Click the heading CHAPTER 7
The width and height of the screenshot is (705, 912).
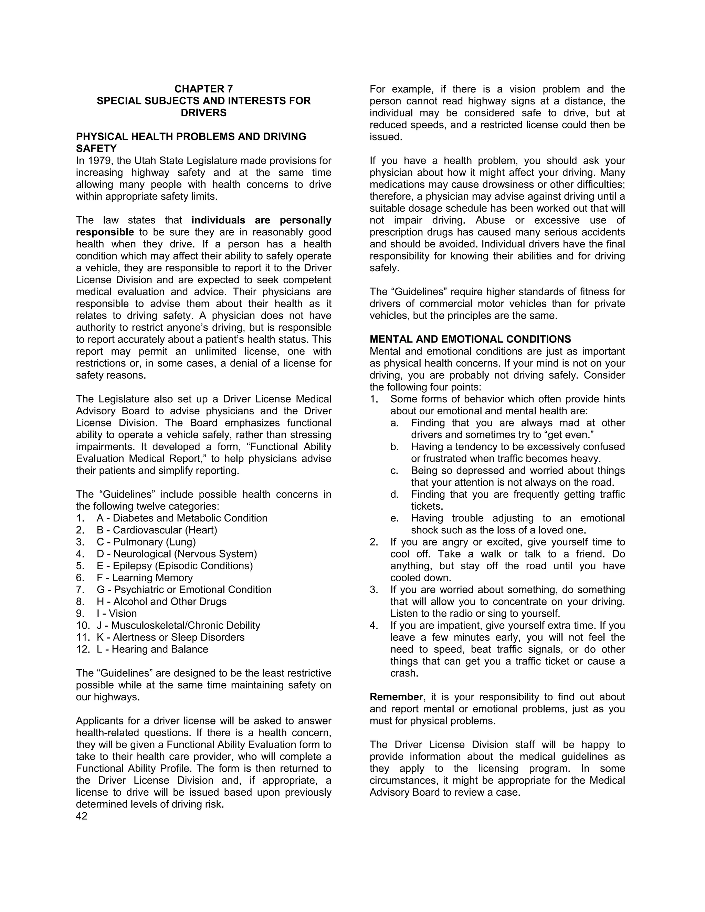pyautogui.click(x=203, y=89)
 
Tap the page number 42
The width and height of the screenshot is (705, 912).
pyautogui.click(x=82, y=816)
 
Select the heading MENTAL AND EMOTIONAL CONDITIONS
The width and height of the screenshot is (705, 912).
pyautogui.click(x=470, y=339)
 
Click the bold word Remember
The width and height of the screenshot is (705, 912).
pyautogui.click(x=396, y=697)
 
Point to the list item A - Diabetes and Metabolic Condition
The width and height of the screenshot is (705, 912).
pyautogui.click(x=182, y=518)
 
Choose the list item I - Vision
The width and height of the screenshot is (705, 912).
pyautogui.click(x=117, y=613)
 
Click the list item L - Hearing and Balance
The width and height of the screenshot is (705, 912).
pyautogui.click(x=152, y=649)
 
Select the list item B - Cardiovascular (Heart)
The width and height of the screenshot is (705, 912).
pyautogui.click(x=157, y=530)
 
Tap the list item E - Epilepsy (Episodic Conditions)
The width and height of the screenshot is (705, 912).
pyautogui.click(x=175, y=566)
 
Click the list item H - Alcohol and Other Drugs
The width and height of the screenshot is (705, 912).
pyautogui.click(x=162, y=602)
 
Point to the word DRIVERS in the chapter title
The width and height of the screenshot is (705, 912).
pyautogui.click(x=203, y=113)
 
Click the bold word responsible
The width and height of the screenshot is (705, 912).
pyautogui.click(x=105, y=232)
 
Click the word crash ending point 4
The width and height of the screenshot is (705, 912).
pyautogui.click(x=403, y=673)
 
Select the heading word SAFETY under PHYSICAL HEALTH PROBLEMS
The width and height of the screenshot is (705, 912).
pyautogui.click(x=96, y=149)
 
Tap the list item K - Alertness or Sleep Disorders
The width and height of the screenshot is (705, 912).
pyautogui.click(x=171, y=637)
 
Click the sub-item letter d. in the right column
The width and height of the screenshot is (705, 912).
pyautogui.click(x=394, y=495)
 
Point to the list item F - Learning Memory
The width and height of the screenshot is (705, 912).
pyautogui.click(x=145, y=578)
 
